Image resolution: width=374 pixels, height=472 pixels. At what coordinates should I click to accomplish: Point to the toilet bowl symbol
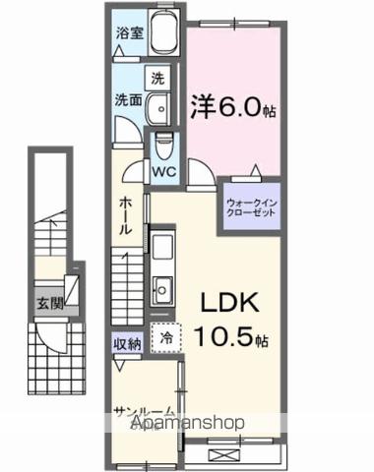coord(164,144)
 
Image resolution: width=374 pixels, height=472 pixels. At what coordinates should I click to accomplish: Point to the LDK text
coord(232,302)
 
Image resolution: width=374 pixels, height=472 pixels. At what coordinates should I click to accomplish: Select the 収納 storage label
coord(127,343)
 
